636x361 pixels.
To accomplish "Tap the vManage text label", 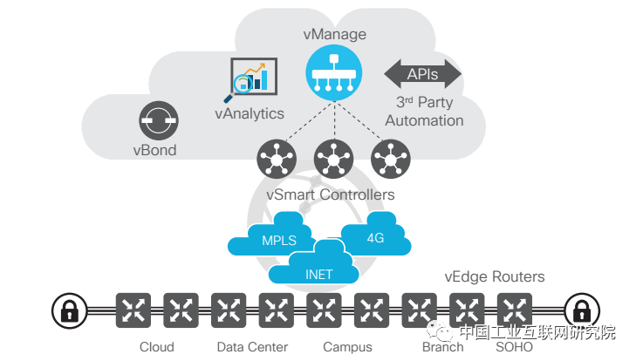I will [333, 35].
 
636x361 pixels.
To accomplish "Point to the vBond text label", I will [154, 150].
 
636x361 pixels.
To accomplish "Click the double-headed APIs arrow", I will [423, 75].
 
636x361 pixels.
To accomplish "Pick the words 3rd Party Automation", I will [424, 111].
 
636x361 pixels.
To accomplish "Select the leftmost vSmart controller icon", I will [277, 160].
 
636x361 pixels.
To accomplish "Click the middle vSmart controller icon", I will [333, 160].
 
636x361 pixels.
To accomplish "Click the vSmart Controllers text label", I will [330, 194].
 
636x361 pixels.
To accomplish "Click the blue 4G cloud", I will [374, 235].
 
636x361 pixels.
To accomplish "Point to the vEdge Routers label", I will [494, 277].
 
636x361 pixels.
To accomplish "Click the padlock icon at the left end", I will [66, 309].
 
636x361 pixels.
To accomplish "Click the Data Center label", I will [252, 347].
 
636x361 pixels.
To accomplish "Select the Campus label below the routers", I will [347, 347].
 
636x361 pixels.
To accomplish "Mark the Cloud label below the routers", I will [157, 347].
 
